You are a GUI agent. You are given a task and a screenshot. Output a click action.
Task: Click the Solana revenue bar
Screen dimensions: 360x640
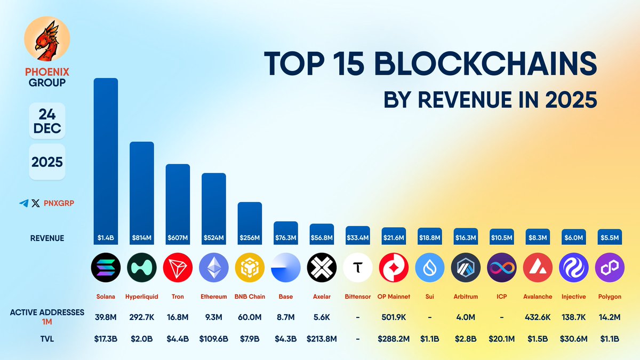click(x=106, y=160)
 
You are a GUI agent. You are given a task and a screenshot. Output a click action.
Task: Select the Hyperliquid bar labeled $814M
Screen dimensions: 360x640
click(x=142, y=192)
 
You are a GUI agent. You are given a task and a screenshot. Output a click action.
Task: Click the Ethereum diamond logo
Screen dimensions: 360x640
click(x=214, y=267)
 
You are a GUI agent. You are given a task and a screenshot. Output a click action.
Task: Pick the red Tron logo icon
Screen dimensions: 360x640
click(x=178, y=267)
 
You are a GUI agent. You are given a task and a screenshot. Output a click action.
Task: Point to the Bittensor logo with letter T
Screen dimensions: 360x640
click(x=358, y=267)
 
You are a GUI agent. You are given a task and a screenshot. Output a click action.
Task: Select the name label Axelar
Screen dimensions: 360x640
click(x=322, y=297)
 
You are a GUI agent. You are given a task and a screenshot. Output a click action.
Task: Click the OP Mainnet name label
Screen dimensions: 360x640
click(x=394, y=297)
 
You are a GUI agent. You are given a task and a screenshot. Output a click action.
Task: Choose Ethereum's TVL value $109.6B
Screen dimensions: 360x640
click(x=214, y=338)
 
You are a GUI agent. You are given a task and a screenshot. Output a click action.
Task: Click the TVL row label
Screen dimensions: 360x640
click(x=47, y=338)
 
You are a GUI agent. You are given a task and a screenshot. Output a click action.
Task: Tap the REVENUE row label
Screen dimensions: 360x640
click(x=47, y=238)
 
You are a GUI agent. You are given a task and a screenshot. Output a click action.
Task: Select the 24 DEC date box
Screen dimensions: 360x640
click(x=46, y=121)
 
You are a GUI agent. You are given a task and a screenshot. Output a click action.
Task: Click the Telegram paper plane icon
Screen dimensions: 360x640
click(x=23, y=203)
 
